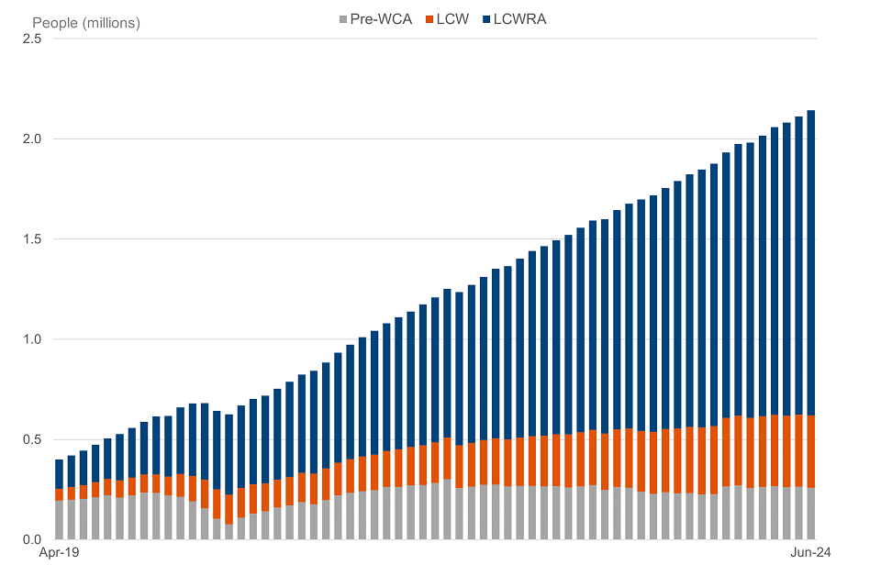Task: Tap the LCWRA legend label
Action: [x=519, y=18]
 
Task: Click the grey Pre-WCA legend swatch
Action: [x=344, y=18]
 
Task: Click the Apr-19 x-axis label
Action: [x=57, y=554]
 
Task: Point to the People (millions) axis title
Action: [x=86, y=23]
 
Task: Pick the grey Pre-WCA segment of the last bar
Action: [x=811, y=514]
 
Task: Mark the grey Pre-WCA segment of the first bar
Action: [x=60, y=520]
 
